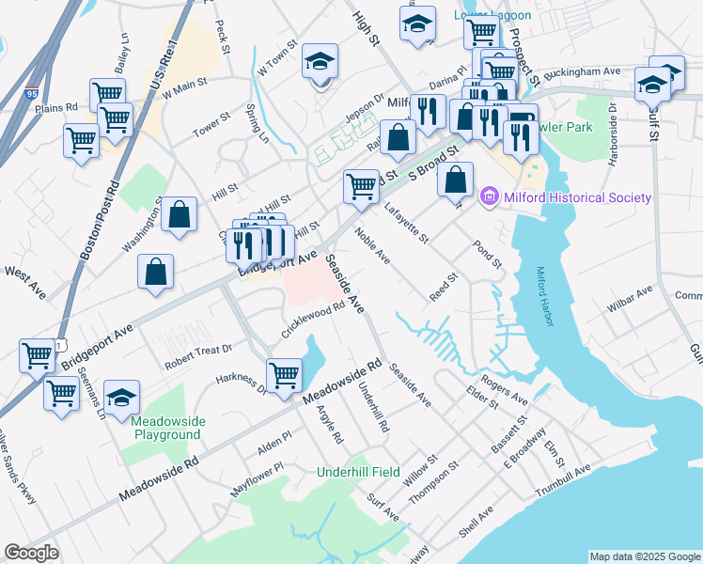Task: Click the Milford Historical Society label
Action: [578, 197]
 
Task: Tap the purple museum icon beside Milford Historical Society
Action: [489, 197]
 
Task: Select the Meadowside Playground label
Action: [166, 428]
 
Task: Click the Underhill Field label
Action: [358, 472]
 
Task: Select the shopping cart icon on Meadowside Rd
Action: [283, 375]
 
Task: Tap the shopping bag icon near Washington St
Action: [179, 214]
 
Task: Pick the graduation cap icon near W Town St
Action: [320, 63]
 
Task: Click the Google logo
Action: [31, 553]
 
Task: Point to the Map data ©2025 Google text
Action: [645, 556]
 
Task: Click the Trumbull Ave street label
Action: [563, 480]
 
